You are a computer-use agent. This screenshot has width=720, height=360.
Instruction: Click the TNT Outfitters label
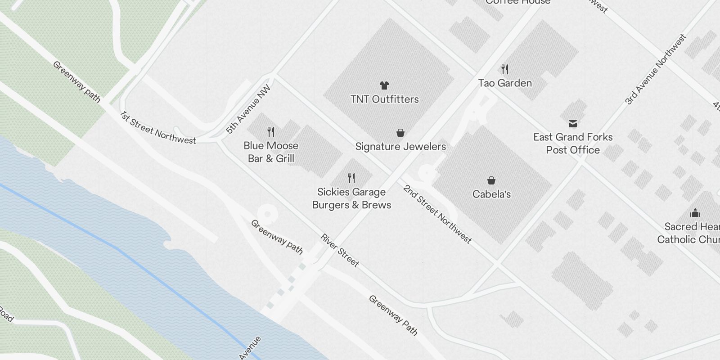385,99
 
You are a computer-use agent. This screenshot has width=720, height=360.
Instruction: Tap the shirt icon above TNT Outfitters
384,85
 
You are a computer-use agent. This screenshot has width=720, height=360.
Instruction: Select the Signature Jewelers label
400,146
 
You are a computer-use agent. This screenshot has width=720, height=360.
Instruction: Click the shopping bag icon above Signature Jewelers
400,133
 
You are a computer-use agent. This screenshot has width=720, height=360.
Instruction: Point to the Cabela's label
491,194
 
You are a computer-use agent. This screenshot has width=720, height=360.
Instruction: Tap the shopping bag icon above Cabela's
491,180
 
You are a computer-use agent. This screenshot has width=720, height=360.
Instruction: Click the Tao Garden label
505,83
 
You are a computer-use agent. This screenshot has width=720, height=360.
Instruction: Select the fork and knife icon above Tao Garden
505,69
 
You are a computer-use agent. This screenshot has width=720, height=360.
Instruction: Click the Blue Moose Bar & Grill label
271,152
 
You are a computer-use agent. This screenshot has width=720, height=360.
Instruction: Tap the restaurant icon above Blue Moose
271,131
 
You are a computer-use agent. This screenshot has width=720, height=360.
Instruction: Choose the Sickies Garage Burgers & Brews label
351,198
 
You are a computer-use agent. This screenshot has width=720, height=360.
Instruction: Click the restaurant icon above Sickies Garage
351,178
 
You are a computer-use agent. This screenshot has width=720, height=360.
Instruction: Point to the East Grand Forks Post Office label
573,143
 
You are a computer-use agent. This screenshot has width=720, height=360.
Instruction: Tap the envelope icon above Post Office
572,123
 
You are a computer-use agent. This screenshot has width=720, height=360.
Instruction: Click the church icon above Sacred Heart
695,213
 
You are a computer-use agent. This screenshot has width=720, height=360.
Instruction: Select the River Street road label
340,250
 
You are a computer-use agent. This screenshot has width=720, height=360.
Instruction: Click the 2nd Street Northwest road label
437,214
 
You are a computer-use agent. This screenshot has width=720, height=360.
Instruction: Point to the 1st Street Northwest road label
158,128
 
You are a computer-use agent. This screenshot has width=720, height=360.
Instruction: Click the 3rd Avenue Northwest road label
656,69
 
